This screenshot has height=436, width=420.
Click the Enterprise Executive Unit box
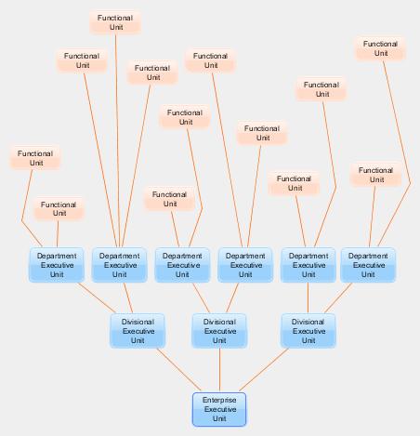pyautogui.click(x=219, y=409)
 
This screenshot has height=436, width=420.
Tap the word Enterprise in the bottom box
pyautogui.click(x=219, y=400)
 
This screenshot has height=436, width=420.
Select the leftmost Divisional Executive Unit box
pyautogui.click(x=138, y=331)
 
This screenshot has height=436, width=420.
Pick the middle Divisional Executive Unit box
pyautogui.click(x=219, y=331)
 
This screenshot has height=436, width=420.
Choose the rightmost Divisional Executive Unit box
pyautogui.click(x=308, y=331)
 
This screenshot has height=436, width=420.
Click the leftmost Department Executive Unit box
pyautogui.click(x=57, y=265)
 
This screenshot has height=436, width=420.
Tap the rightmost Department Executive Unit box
pyautogui.click(x=368, y=265)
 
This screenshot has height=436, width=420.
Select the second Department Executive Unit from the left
pyautogui.click(x=120, y=265)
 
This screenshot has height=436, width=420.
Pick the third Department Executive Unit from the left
pyautogui.click(x=182, y=265)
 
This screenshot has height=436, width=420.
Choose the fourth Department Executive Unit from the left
pyautogui.click(x=245, y=265)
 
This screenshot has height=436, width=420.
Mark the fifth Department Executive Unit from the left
pyautogui.click(x=308, y=265)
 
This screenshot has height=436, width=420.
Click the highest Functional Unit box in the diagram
pyautogui.click(x=115, y=22)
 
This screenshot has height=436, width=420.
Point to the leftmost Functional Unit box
pyautogui.click(x=35, y=158)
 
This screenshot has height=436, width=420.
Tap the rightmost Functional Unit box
pyautogui.click(x=380, y=48)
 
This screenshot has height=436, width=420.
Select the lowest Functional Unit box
pyautogui.click(x=59, y=209)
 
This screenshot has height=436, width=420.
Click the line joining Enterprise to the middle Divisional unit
pyautogui.click(x=219, y=370)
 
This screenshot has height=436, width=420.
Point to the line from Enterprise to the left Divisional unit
pyautogui.click(x=179, y=370)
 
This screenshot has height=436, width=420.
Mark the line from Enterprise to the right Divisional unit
pyautogui.click(x=264, y=370)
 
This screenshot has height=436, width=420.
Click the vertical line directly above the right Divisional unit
pyautogui.click(x=308, y=297)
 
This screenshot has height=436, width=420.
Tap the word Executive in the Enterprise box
pyautogui.click(x=220, y=409)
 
